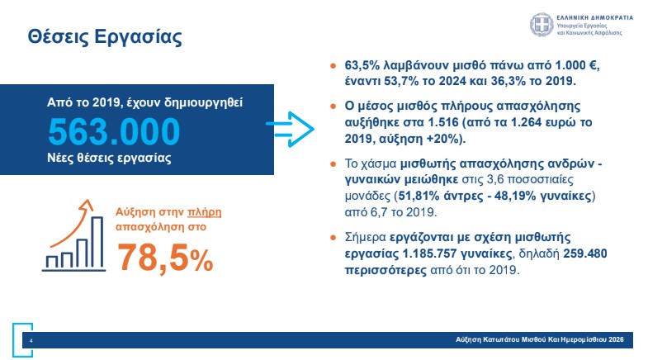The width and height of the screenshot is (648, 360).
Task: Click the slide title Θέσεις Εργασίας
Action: coord(104,36)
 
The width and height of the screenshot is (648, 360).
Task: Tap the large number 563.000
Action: coord(113,132)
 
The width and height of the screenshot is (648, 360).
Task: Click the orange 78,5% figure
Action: coord(164,257)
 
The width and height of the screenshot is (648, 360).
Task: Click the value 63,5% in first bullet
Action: coord(363,65)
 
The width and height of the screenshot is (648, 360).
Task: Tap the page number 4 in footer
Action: coord(31,339)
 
